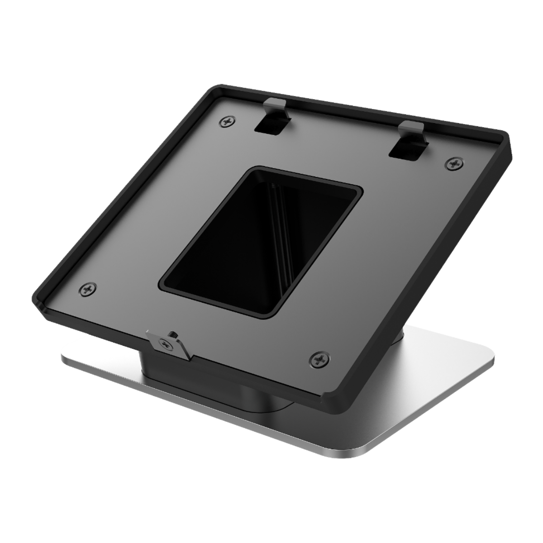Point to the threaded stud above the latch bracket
tap(171, 335)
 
